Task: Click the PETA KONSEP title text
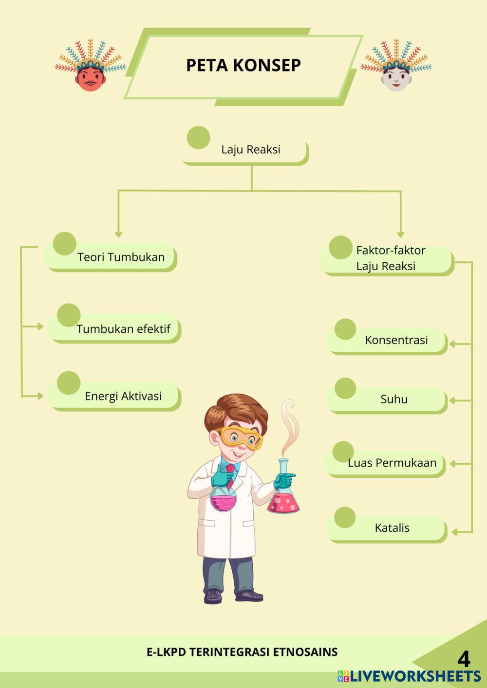(243, 65)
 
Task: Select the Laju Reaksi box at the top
(250, 150)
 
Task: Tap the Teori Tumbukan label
(121, 257)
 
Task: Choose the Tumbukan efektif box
(123, 329)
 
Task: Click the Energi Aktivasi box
(123, 396)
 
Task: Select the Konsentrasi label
(396, 340)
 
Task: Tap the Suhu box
(393, 399)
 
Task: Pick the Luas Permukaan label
(392, 463)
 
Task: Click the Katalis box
(392, 528)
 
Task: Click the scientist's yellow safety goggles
(241, 437)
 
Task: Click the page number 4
(464, 659)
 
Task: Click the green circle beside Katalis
(345, 517)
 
